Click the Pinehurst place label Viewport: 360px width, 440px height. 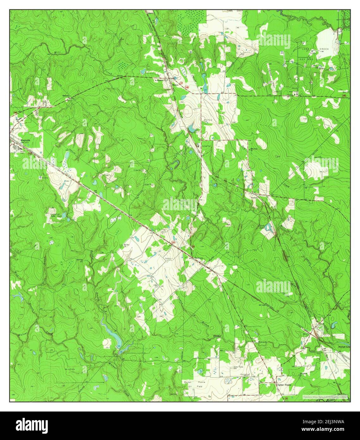click(198, 257)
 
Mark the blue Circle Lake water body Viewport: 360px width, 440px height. click(268, 227)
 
